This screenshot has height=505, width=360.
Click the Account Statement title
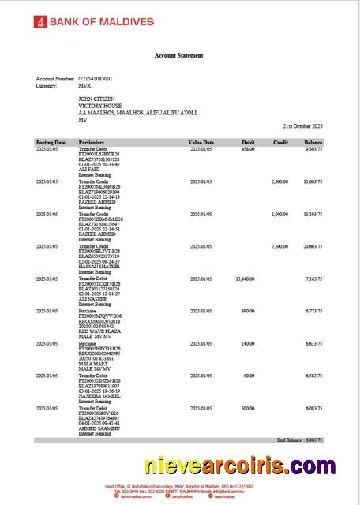178,55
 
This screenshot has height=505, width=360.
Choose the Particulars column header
92,142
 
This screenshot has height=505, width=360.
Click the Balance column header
313,142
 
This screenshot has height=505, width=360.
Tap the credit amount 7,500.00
279,246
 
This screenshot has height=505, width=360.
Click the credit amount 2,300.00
279,181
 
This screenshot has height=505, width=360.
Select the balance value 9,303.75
313,149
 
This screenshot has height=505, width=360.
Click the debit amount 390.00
247,312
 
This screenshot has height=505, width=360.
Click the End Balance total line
299,439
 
